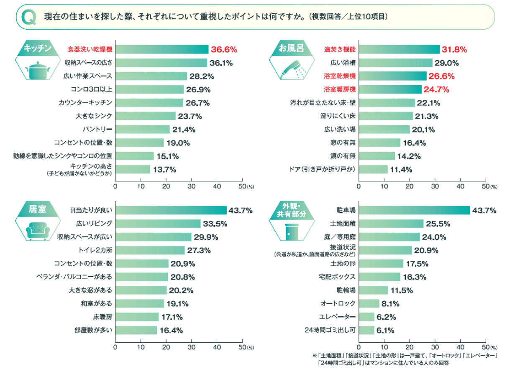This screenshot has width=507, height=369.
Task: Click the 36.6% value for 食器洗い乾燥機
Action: click(224, 49)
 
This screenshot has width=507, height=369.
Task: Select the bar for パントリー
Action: click(143, 129)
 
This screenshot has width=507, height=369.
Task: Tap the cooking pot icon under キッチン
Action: click(38, 70)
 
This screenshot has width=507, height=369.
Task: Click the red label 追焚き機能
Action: click(340, 49)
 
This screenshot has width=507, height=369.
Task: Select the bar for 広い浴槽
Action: click(396, 63)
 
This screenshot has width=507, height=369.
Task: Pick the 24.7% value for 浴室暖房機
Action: click(436, 89)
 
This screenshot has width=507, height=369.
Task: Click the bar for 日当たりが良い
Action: click(171, 210)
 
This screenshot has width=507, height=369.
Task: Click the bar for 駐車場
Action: click(415, 210)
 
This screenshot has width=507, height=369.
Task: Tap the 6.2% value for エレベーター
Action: click(386, 317)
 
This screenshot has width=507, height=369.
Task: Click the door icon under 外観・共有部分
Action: click(290, 232)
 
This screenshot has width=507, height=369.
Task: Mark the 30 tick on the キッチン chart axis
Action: click(192, 186)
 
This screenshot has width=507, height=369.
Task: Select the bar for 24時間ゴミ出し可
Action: click(367, 330)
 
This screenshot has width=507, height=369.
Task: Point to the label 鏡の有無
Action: click(343, 156)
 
